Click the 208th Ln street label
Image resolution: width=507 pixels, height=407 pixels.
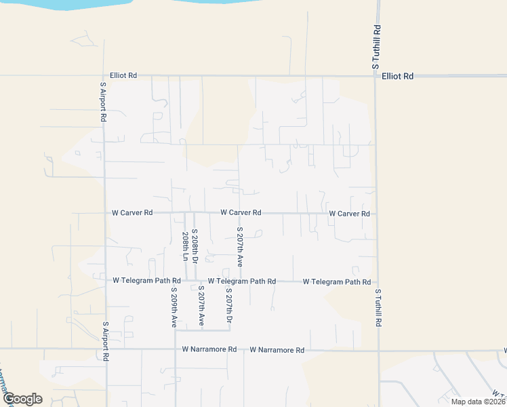tap(184, 247)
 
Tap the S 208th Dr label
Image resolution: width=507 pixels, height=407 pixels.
tap(194, 246)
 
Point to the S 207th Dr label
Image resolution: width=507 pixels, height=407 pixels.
tap(229, 305)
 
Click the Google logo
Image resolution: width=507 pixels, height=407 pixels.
tap(22, 399)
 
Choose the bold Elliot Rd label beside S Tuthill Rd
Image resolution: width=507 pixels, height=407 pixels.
tap(397, 77)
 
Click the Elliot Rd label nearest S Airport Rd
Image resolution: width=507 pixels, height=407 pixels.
tap(123, 76)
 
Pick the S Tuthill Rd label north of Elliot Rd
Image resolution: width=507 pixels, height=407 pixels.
tap(376, 47)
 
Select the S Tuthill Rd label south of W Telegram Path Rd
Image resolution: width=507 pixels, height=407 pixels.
tap(378, 309)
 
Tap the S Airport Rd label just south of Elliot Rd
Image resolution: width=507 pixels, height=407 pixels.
tap(103, 102)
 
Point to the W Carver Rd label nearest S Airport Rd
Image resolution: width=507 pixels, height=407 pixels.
tap(132, 213)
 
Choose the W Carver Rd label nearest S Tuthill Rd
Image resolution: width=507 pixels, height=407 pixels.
tap(349, 214)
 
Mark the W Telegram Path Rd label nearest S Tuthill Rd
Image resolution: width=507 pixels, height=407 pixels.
tap(336, 282)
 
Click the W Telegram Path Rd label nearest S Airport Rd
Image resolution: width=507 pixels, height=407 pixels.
tap(146, 280)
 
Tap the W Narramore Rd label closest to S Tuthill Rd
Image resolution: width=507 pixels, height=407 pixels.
tap(277, 350)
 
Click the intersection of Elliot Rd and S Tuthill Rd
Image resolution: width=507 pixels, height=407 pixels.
tap(376, 76)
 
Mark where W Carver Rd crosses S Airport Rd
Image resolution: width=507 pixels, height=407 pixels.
tap(104, 213)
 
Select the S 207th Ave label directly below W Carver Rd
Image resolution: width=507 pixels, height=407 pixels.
tap(239, 246)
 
